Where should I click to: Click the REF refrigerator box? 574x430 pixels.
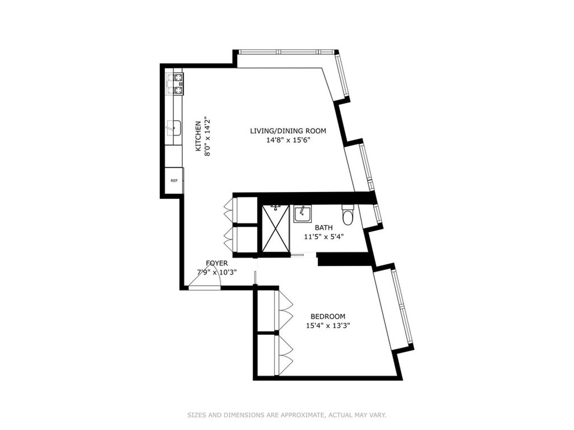(174, 181)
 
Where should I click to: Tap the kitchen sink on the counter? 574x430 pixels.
(174, 128)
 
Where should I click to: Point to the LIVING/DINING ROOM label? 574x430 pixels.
(288, 131)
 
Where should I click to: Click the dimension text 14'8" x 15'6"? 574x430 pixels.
(288, 140)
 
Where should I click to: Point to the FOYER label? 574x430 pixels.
(217, 263)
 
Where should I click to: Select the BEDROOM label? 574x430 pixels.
(328, 316)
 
